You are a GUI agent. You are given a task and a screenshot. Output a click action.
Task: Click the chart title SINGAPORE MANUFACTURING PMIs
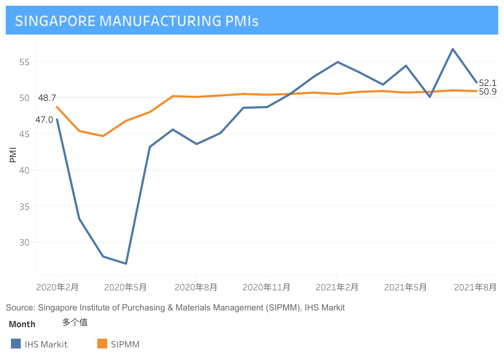[x=137, y=21]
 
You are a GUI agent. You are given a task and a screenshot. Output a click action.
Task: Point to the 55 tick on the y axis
[x=23, y=62]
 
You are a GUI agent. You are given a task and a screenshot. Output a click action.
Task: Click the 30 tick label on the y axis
[x=23, y=242]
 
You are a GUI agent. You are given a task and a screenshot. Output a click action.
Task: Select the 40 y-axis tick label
[x=23, y=170]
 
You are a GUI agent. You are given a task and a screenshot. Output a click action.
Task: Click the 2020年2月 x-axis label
[x=57, y=287]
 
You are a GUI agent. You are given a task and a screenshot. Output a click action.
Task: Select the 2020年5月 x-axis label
[x=126, y=287]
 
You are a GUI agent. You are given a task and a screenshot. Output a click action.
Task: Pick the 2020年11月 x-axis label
[x=266, y=287]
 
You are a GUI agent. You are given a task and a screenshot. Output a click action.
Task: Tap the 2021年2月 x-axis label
[x=337, y=287]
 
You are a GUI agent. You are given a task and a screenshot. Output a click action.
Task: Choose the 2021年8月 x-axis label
[x=475, y=287]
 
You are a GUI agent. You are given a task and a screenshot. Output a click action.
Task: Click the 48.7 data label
[x=47, y=98]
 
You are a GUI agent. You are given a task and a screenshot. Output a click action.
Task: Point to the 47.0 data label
[x=44, y=120]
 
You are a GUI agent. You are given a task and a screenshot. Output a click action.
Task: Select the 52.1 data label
[x=487, y=83]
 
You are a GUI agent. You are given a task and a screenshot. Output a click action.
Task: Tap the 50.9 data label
[x=487, y=92]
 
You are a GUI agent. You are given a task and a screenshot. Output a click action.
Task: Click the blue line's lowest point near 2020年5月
[x=126, y=264]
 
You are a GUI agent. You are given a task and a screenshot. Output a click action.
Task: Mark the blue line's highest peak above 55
[x=453, y=49]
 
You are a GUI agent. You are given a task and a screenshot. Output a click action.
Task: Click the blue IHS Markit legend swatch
[x=16, y=344]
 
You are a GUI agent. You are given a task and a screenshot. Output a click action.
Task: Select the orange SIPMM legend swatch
[x=102, y=344]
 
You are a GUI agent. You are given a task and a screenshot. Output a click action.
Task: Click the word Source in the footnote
[x=19, y=308]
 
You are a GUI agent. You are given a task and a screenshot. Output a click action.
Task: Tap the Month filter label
[x=22, y=324]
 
